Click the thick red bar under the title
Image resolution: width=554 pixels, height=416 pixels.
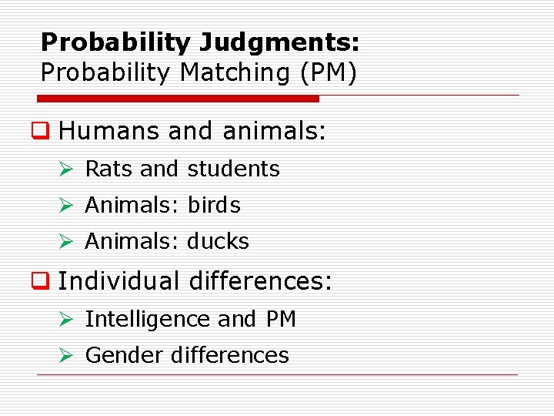[179, 99]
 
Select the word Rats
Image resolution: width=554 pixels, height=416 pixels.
[109, 169]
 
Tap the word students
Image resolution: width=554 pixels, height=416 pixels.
[234, 169]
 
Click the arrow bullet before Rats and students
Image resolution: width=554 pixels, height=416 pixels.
[67, 169]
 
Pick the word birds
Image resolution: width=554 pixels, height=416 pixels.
[214, 206]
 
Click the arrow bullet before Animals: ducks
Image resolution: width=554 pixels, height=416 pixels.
[67, 242]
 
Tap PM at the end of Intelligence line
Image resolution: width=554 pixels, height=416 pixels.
[279, 319]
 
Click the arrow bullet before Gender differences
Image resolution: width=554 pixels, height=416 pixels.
[67, 355]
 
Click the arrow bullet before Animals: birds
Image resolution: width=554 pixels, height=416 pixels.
[67, 206]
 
